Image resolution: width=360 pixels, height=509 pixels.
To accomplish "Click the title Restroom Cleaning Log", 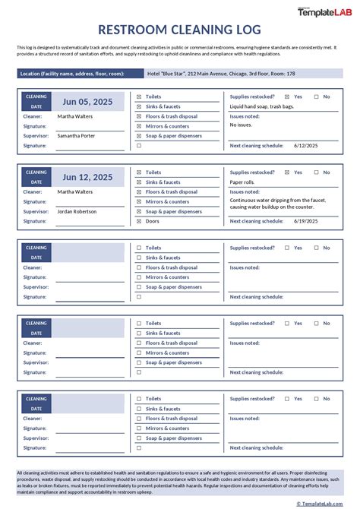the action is pos(180,30).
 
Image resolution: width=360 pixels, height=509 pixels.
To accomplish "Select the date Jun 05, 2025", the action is pos(87,102).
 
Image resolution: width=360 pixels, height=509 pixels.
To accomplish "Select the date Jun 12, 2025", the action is pos(87,177).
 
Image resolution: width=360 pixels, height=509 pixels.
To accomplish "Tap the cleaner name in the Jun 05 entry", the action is pos(75,116).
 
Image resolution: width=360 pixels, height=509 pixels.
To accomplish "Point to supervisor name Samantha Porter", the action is pos(76,135).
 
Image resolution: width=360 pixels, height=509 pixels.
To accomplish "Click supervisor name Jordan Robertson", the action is pos(78,211).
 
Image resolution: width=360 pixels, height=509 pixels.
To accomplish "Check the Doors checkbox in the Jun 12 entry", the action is pos(139,221).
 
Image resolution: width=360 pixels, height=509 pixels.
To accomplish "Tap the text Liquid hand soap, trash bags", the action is pos(262,107).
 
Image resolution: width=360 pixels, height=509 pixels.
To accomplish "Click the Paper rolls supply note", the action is pos(242,182).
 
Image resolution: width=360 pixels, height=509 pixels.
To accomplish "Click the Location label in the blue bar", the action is pos(71,74).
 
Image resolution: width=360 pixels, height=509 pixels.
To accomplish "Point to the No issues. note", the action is pos(242,125).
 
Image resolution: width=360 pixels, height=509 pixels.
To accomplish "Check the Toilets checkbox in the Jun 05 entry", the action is pos(139,97).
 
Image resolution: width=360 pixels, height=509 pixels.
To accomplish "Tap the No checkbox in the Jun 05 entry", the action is pos(317,97).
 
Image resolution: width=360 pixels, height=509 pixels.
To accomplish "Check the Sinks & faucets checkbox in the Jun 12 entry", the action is pos(139,182).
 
